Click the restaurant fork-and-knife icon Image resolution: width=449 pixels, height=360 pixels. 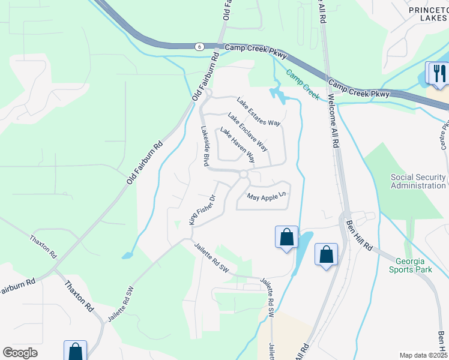(436, 73)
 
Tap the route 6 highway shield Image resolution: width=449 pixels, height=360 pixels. (199, 46)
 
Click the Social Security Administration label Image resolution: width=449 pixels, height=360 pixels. (418, 181)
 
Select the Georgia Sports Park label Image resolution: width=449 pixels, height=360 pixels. (414, 265)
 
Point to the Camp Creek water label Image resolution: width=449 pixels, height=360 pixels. (302, 85)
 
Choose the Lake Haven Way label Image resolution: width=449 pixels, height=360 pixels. (237, 145)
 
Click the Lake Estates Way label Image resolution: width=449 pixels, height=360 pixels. (259, 112)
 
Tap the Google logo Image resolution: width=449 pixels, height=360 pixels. (20, 353)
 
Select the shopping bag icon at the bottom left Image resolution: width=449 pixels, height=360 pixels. (76, 350)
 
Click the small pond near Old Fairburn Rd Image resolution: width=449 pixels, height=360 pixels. (127, 256)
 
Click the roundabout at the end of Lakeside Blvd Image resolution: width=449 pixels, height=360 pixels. (243, 175)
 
